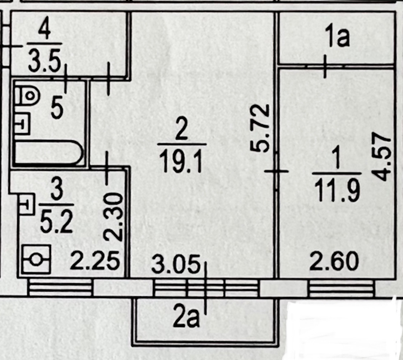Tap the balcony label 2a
coord(186,320)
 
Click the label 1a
coord(338,39)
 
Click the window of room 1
coord(341,288)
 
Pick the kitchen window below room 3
coord(60,288)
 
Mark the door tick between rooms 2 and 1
coord(277,172)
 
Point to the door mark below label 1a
coord(325,66)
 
